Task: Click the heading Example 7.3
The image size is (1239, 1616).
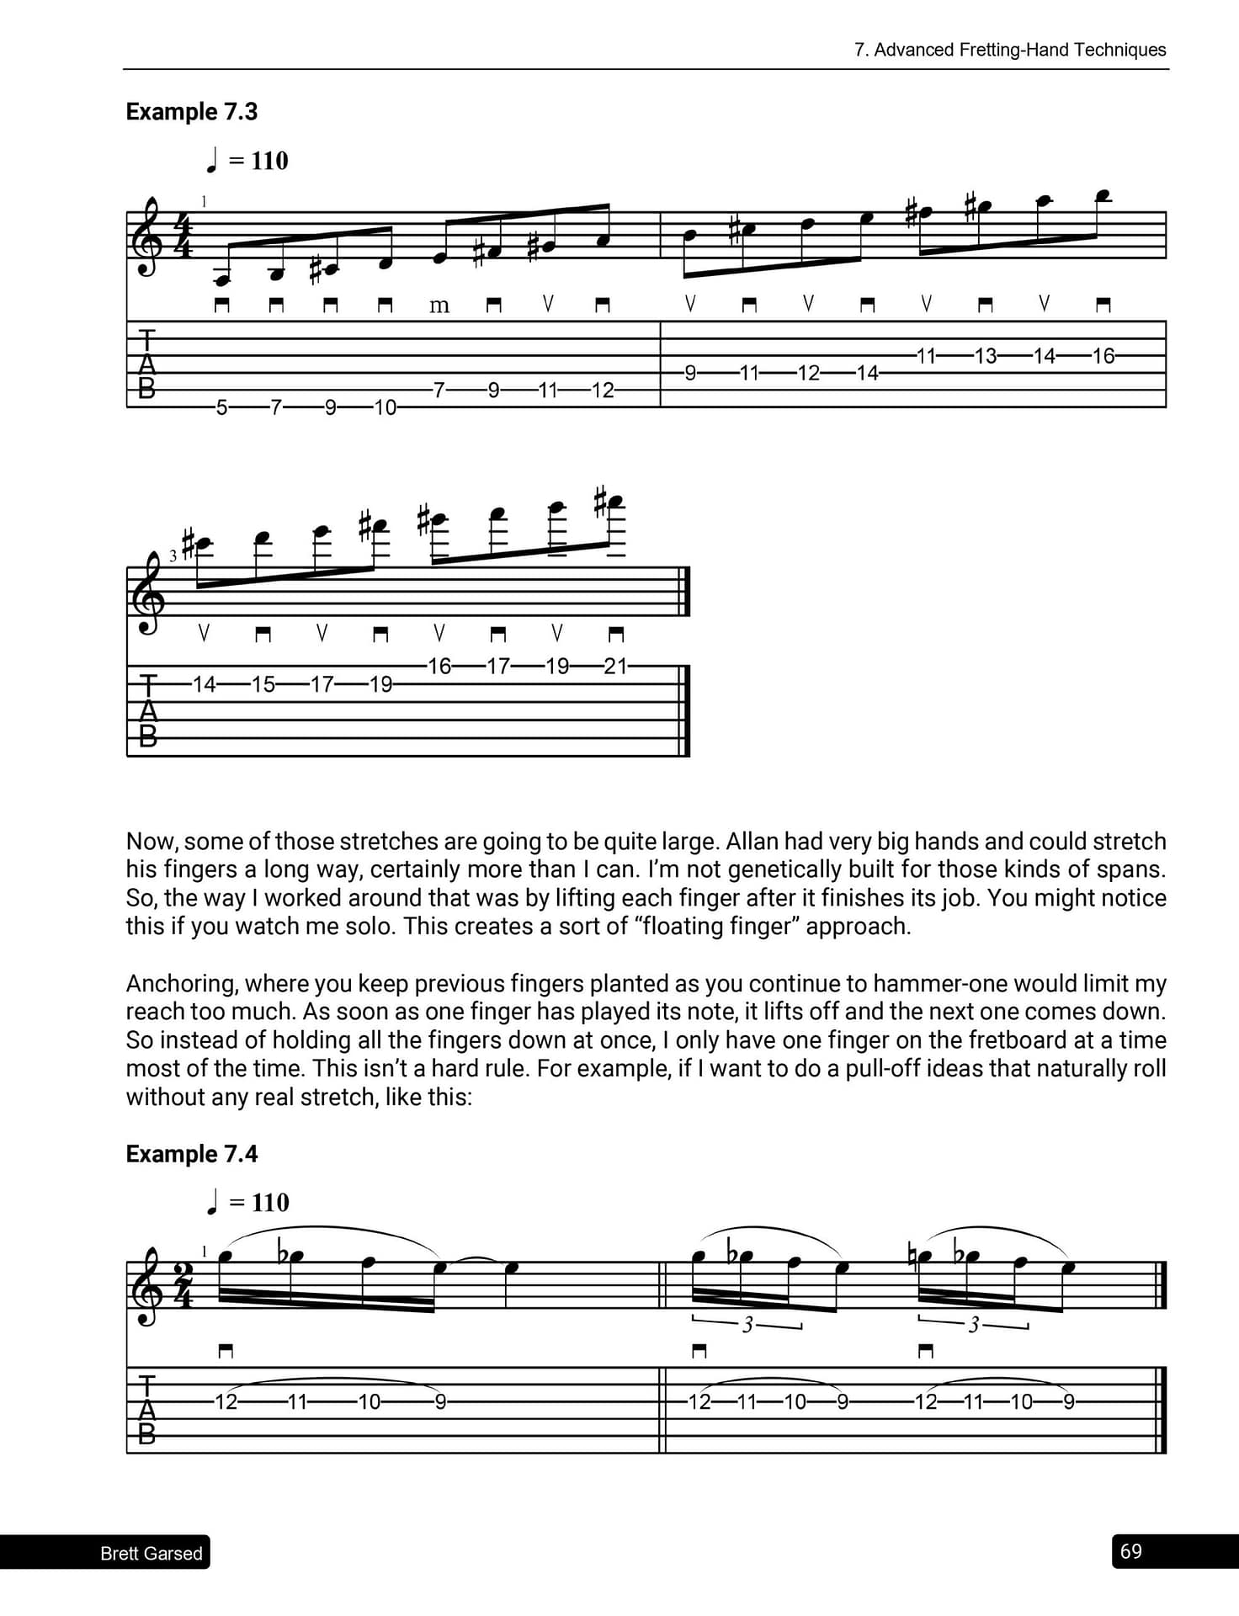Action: click(x=191, y=112)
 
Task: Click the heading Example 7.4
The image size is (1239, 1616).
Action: click(x=191, y=1154)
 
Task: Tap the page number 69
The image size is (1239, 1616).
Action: click(x=1131, y=1551)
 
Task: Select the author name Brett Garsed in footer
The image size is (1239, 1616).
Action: click(x=152, y=1554)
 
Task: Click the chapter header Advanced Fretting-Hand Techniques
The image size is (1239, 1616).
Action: click(x=1010, y=50)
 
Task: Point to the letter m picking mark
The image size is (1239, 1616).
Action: click(x=439, y=306)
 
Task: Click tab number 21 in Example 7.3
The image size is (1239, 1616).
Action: click(x=615, y=667)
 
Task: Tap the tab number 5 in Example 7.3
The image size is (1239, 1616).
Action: click(x=221, y=408)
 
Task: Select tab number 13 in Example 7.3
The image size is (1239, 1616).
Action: click(x=985, y=356)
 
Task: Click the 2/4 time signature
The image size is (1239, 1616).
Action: click(x=183, y=1284)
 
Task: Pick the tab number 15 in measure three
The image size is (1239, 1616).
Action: click(x=263, y=684)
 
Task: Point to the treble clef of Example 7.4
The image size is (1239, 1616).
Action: click(x=150, y=1286)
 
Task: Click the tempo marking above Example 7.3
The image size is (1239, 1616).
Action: click(x=247, y=161)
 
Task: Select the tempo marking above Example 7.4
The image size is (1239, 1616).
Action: click(x=247, y=1203)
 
